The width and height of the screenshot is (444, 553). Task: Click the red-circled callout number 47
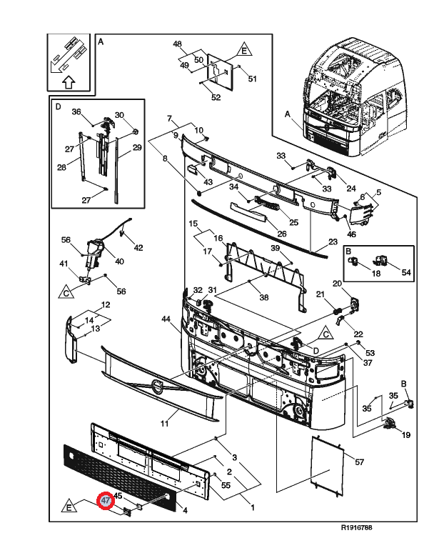coord(106,502)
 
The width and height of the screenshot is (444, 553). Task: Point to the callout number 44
coord(166,319)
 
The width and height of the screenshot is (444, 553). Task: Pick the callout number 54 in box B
coord(406,273)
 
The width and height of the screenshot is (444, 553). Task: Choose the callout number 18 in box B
coord(376,273)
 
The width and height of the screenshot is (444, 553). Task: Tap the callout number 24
coord(350,189)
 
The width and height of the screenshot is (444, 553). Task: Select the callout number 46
coord(351,234)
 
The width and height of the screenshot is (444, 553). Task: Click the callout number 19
coord(405,434)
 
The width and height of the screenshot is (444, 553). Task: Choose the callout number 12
coord(105,305)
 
